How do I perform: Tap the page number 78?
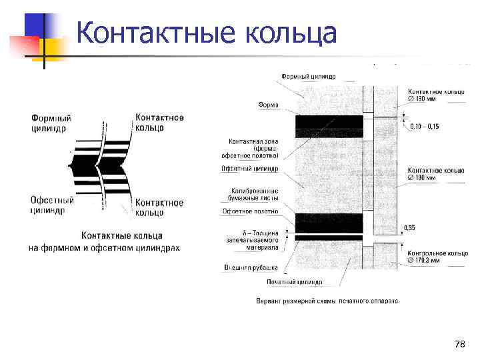[459, 344]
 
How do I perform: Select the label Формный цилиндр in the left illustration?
[51, 123]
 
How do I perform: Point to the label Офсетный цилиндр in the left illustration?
[51, 205]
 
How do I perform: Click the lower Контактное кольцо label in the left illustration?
[159, 207]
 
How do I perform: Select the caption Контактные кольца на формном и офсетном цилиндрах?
[104, 241]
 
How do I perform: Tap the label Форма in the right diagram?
[269, 105]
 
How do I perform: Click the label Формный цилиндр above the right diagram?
[308, 77]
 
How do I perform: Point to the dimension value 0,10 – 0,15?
[425, 127]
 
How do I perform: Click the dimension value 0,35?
[409, 228]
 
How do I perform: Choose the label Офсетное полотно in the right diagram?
[251, 211]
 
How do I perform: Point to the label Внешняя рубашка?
[251, 268]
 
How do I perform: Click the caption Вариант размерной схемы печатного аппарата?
[328, 301]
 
